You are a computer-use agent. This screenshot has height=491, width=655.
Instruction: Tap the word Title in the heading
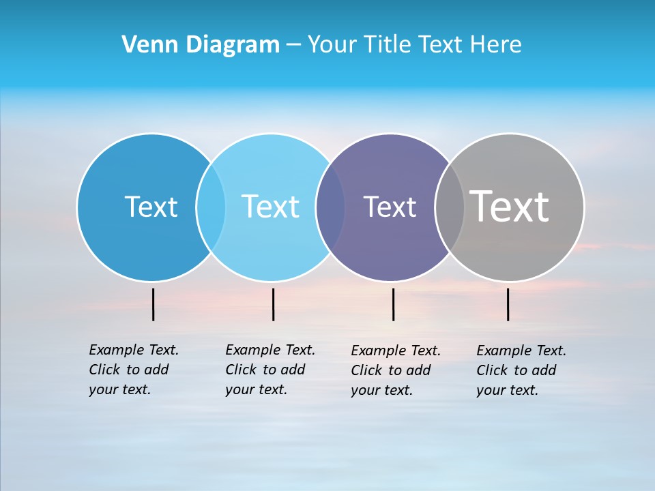tap(388, 44)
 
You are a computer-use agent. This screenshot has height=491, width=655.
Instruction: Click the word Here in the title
tap(496, 44)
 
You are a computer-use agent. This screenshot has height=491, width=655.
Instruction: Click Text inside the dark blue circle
tap(151, 207)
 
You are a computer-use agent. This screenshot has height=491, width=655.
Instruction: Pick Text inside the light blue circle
tap(270, 207)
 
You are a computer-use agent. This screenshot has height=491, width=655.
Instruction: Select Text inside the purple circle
tap(390, 207)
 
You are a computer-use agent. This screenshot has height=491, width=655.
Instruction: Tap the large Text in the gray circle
tap(510, 207)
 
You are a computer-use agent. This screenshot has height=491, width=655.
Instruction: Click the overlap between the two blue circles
tap(211, 207)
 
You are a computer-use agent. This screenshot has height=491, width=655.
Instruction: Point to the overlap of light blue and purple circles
tap(330, 207)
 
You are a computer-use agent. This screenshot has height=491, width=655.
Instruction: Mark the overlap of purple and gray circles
tap(450, 207)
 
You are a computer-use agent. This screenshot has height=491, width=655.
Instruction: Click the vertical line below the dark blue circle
tap(153, 304)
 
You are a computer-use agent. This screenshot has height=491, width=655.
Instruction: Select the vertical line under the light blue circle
tap(273, 304)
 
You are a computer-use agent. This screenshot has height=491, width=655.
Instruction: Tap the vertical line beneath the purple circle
tap(393, 304)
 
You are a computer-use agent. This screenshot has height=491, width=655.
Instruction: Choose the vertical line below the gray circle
tap(508, 304)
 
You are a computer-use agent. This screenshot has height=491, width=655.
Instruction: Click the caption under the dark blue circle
tap(133, 370)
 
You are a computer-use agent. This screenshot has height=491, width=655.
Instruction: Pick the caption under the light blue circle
tap(270, 370)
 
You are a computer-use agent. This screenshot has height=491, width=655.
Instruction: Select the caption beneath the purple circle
tap(395, 370)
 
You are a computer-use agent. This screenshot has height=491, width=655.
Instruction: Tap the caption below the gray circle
tap(521, 370)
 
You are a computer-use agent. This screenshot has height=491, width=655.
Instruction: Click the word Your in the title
tap(333, 44)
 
